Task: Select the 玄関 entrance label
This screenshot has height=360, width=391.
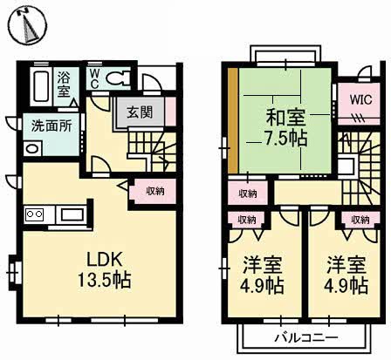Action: point(139,112)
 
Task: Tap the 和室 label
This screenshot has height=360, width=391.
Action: point(284,115)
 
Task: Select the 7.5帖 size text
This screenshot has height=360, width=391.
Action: point(284,137)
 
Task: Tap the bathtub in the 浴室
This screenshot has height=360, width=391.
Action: point(41,86)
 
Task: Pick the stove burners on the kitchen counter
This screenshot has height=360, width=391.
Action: point(36,214)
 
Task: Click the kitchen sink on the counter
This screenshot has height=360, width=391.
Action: point(71,214)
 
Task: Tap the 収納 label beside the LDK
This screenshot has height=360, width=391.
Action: point(155,189)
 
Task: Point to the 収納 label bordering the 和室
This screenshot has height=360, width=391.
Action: point(248,192)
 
